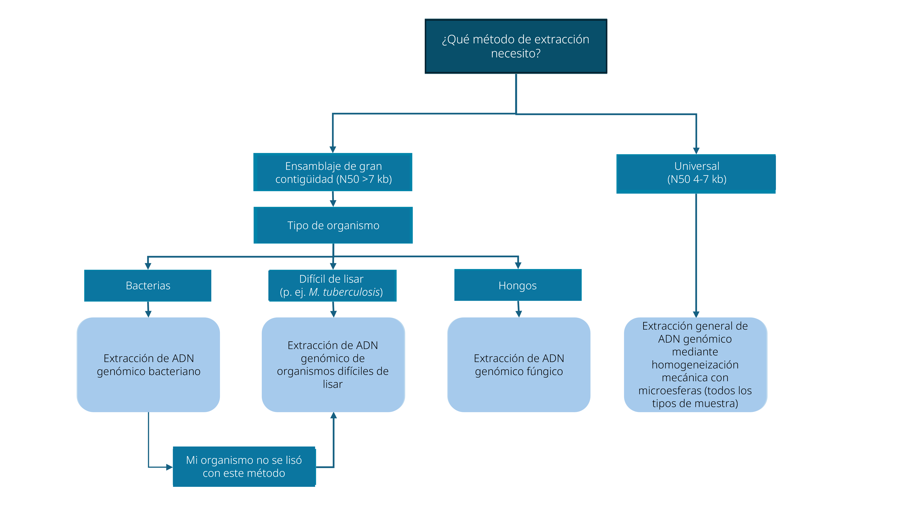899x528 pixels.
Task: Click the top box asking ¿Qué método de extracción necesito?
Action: coord(516,46)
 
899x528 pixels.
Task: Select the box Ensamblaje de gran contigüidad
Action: coord(333,172)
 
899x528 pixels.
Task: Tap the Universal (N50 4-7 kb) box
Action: coord(696,174)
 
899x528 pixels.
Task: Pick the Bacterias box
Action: coord(148,285)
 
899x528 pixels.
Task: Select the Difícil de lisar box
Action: coord(333,285)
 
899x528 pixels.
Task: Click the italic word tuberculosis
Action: coord(351,292)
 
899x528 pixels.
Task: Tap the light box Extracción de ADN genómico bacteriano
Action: coord(148,365)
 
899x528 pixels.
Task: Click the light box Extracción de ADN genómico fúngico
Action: coord(519,365)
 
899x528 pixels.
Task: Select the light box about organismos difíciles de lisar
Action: coord(333,365)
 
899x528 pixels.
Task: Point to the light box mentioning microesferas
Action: coord(695,365)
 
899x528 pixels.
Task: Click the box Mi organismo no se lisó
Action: coord(244,466)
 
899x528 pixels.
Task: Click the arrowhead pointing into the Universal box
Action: coord(696,151)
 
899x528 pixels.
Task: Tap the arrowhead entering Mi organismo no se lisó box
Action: coord(169,467)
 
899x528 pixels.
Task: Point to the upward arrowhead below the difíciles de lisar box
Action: coord(334,416)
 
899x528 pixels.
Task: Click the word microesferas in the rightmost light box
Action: coord(670,391)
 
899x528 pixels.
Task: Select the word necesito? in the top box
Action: coord(516,54)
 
